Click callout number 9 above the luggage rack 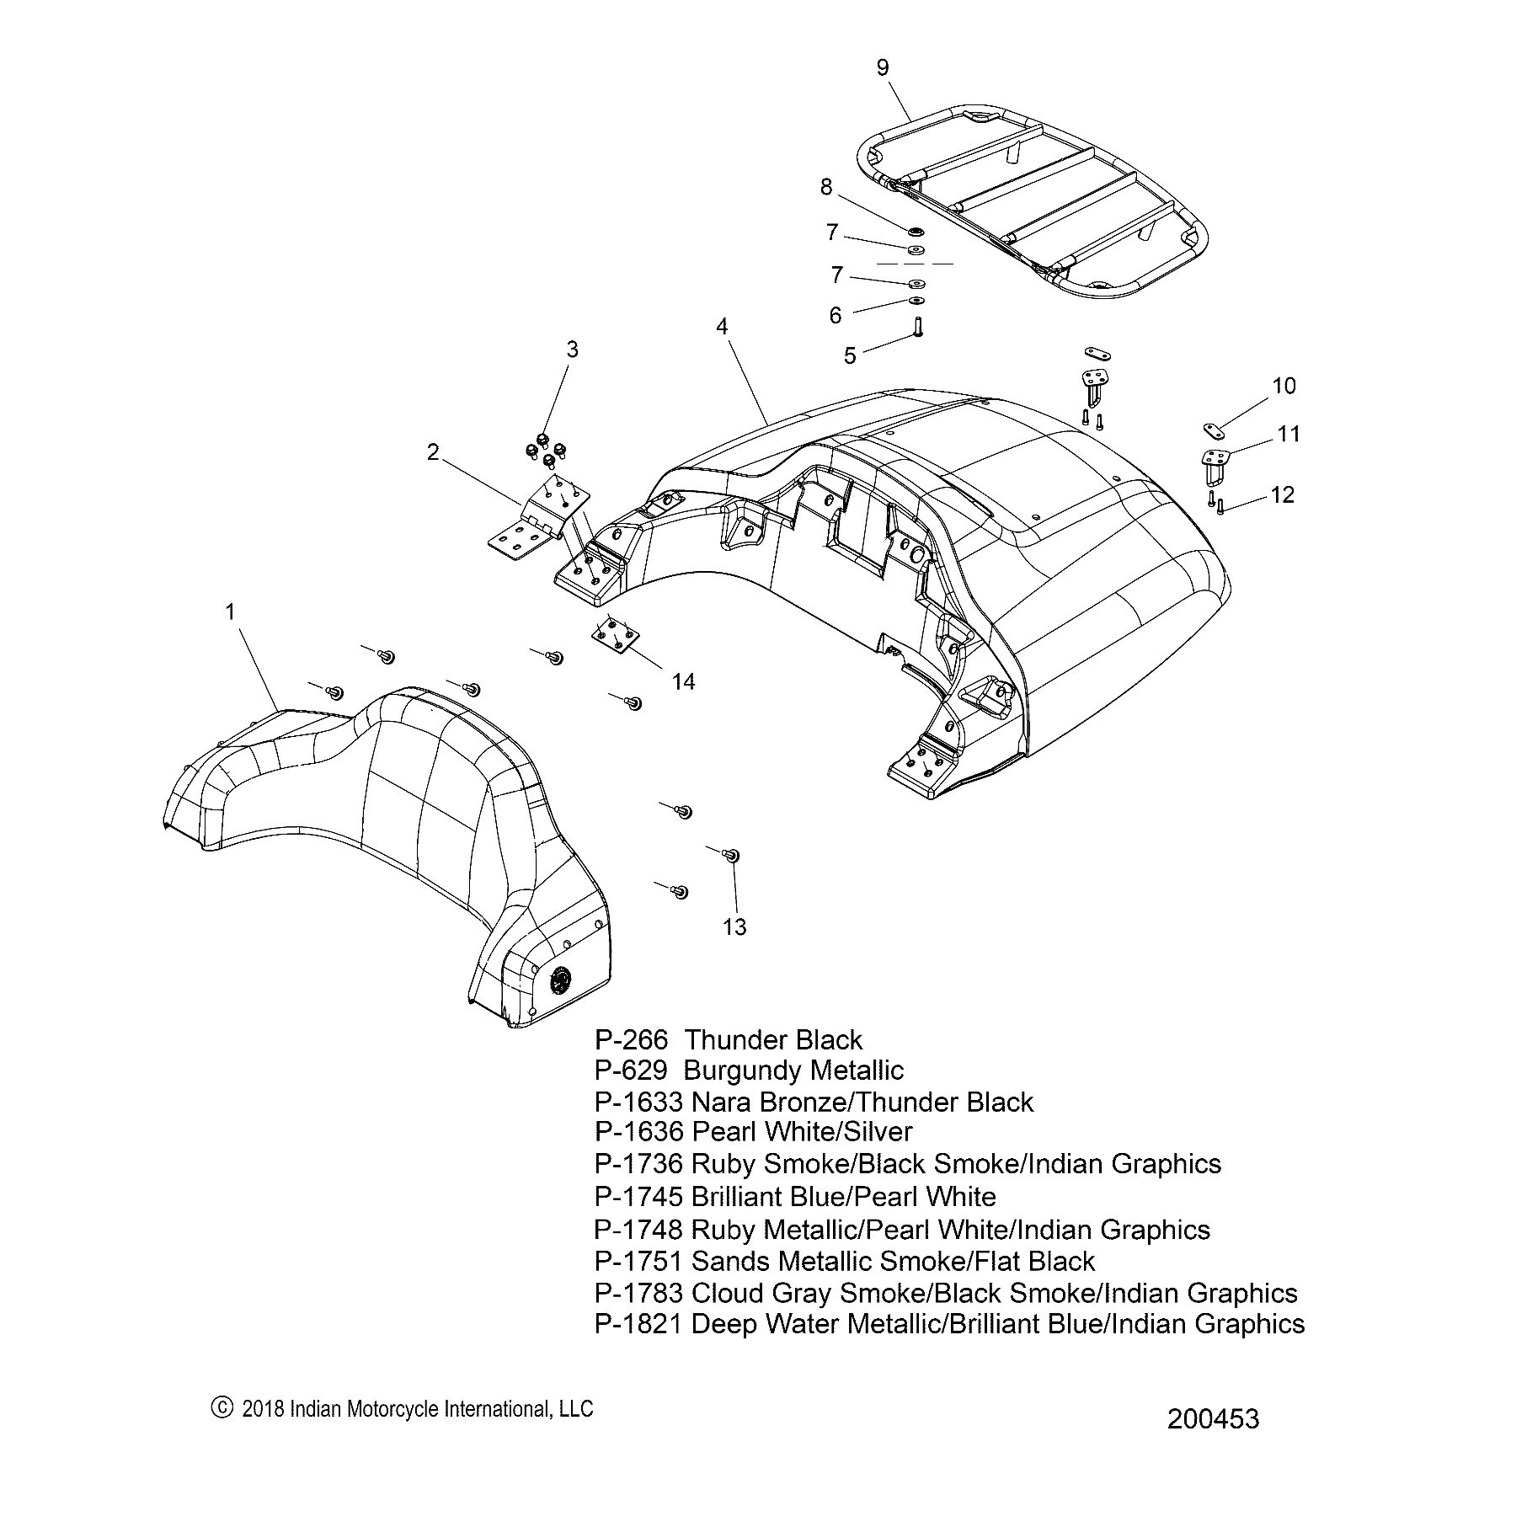pos(882,67)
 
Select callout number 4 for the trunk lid pos(722,327)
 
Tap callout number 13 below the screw pos(734,927)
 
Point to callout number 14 pos(683,681)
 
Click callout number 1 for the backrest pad pos(231,611)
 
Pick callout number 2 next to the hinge pos(433,452)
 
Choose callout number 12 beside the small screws pos(1282,494)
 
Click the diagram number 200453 pos(1213,1419)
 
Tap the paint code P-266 pos(631,1040)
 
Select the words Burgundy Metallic pos(793,1071)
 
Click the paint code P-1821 pos(638,1324)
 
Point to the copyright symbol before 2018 pos(222,1407)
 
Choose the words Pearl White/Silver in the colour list pos(802,1133)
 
